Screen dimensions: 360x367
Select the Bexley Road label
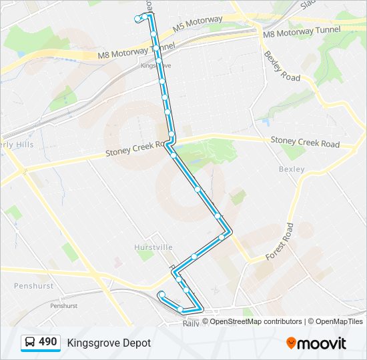282,66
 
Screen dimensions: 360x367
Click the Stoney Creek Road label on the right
304,143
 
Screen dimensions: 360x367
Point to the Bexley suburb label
291,169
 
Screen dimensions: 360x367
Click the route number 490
48,342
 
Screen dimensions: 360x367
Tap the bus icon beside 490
30,343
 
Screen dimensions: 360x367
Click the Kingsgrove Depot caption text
109,343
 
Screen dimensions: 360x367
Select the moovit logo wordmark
322,343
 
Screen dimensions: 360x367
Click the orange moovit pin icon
291,343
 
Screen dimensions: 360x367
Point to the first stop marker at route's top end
137,19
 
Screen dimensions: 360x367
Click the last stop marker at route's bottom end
161,294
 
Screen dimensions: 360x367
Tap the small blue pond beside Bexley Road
266,122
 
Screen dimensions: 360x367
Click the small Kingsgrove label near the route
156,65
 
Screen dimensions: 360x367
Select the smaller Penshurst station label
63,305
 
